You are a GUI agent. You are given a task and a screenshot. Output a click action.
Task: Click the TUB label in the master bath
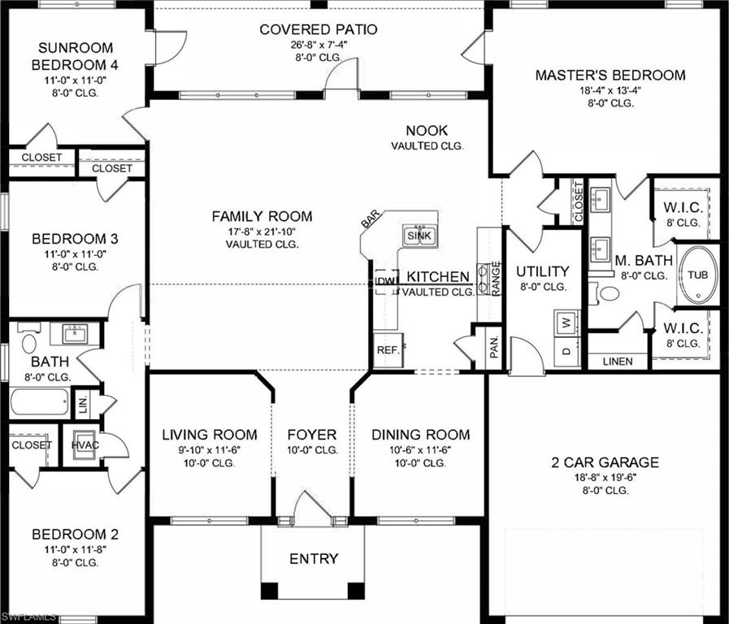coord(698,275)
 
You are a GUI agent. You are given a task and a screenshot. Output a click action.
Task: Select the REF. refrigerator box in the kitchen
coord(386,349)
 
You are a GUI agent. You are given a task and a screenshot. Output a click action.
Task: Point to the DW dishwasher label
coord(386,282)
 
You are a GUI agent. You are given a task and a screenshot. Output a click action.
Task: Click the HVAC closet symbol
coord(85,445)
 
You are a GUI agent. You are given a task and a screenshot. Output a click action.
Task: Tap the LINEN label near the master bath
coord(618,362)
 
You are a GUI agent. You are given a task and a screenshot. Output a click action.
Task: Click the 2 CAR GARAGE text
coord(605,463)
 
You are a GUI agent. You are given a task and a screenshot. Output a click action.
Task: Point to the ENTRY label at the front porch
coord(314,559)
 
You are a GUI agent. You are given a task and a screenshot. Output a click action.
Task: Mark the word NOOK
coord(427,131)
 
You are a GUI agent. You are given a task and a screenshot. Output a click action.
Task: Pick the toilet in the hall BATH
coord(29,342)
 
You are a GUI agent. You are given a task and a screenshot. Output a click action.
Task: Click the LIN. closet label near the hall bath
coord(83,402)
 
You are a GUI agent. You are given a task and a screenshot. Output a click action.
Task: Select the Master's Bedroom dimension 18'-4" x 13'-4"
coord(610,90)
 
